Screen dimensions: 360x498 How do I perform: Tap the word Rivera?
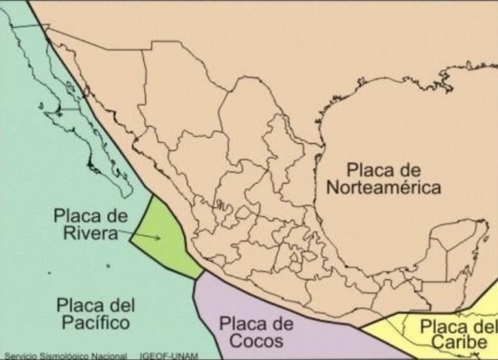pos(86,235)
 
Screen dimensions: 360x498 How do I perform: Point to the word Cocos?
pos(256,341)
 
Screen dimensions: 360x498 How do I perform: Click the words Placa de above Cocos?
pos(257,323)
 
